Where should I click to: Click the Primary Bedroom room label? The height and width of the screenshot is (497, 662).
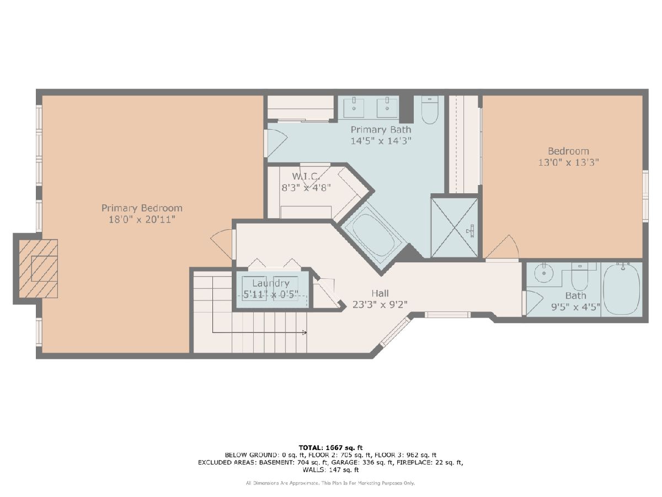[142, 208]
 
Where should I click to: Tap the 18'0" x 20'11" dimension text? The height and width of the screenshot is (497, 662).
[142, 219]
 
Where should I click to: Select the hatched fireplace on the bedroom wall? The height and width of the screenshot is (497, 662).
[38, 268]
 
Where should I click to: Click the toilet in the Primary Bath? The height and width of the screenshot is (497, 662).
[429, 110]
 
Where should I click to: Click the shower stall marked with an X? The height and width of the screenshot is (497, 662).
[454, 228]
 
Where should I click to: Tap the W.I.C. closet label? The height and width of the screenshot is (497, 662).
[306, 176]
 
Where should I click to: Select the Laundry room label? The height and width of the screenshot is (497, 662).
[270, 283]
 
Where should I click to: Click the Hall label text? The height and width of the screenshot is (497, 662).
[380, 293]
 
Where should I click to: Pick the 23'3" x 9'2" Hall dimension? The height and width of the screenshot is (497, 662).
[380, 304]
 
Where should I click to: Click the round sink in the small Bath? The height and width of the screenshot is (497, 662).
[544, 273]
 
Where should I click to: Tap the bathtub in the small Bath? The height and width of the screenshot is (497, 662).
[622, 289]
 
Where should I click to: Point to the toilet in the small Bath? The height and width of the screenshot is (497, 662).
[579, 277]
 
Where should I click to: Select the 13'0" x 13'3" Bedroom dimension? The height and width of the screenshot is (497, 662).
[568, 162]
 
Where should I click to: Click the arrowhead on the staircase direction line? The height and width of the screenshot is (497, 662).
[305, 332]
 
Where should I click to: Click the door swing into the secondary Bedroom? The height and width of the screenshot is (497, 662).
[503, 247]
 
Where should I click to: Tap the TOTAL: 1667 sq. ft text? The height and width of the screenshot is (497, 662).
[330, 448]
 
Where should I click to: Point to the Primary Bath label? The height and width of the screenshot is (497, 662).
[381, 130]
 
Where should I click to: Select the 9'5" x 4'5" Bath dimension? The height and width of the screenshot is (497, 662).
[575, 307]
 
